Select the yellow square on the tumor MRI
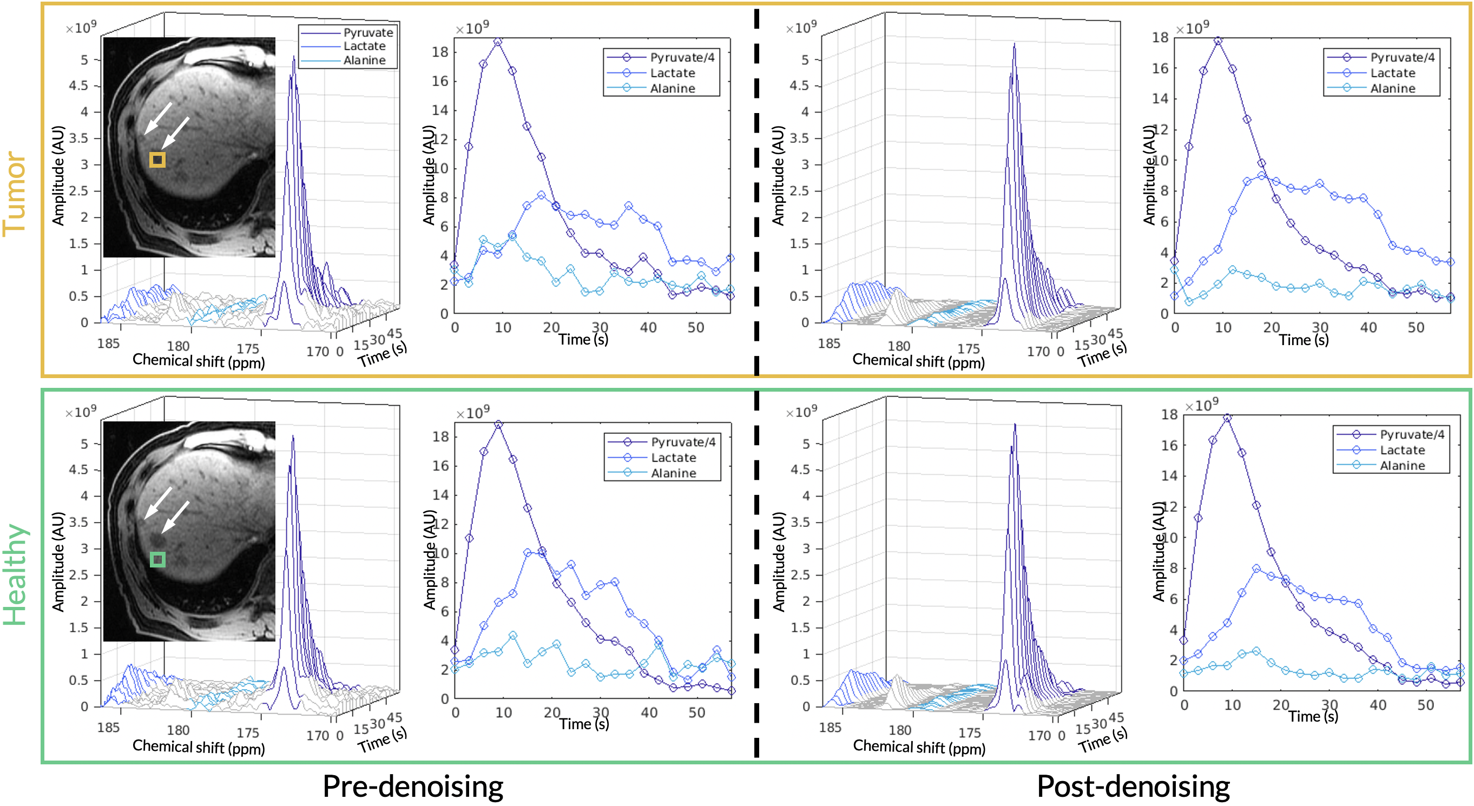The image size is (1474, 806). pyautogui.click(x=157, y=160)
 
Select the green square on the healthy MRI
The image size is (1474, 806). pyautogui.click(x=157, y=559)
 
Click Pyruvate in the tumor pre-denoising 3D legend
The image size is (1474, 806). pyautogui.click(x=368, y=32)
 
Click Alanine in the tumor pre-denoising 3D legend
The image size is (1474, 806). pyautogui.click(x=365, y=60)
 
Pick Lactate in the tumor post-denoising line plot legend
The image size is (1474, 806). pyautogui.click(x=1392, y=72)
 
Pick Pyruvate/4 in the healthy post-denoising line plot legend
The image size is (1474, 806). pyautogui.click(x=1412, y=434)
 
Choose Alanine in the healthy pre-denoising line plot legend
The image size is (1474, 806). pyautogui.click(x=674, y=473)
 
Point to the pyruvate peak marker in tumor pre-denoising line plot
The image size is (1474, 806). pyautogui.click(x=498, y=42)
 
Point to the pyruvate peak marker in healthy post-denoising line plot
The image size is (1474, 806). pyautogui.click(x=1227, y=418)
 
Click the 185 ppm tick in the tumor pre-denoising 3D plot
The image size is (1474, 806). pyautogui.click(x=108, y=343)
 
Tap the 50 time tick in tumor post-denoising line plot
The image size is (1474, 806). pyautogui.click(x=1416, y=328)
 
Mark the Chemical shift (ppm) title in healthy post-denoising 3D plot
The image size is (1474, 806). pyautogui.click(x=919, y=746)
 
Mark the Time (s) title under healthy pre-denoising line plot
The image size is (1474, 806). pyautogui.click(x=584, y=724)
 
